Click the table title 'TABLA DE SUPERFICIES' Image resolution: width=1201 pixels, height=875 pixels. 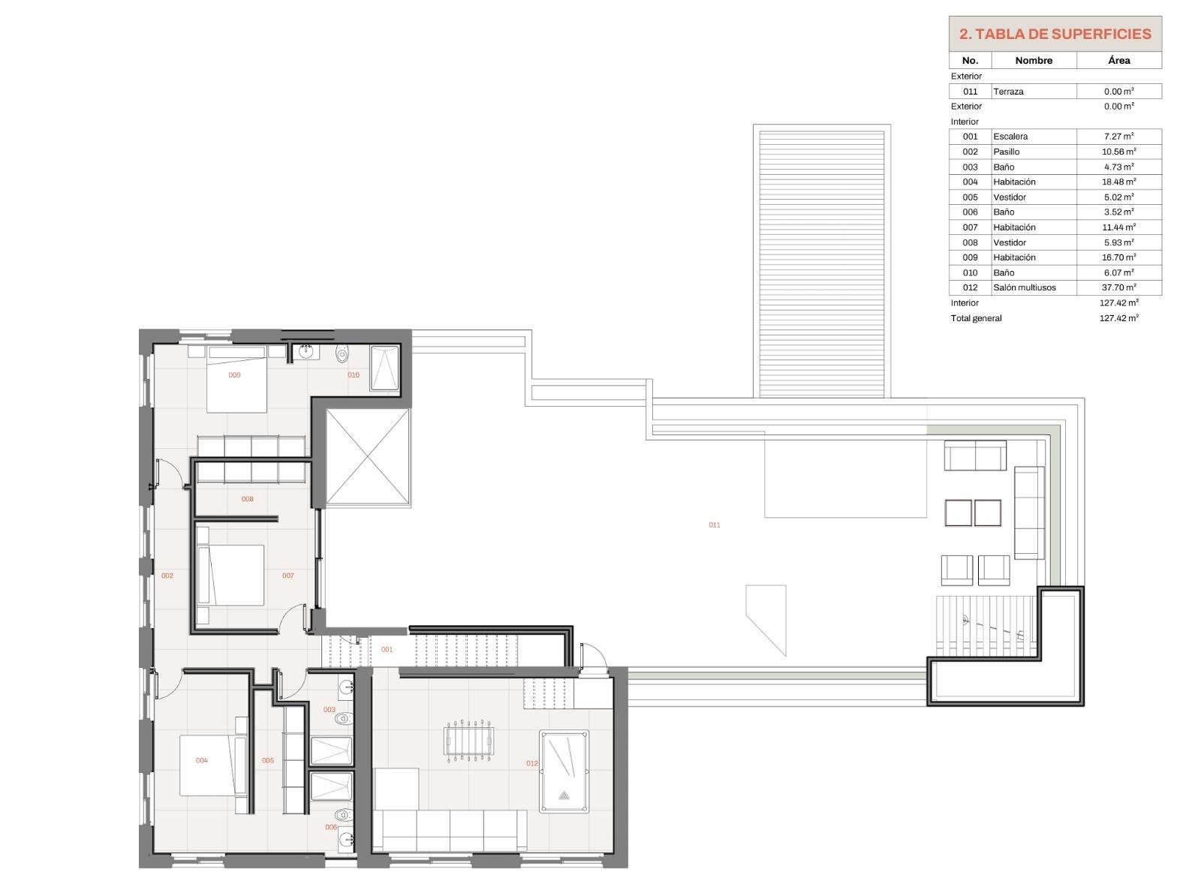(x=1063, y=35)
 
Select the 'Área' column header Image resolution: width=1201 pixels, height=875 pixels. (x=1118, y=60)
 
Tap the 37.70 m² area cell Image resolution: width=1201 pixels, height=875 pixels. (x=1118, y=287)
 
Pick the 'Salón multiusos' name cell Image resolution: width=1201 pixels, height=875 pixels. (x=1024, y=287)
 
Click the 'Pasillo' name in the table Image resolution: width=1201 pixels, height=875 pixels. (x=1006, y=152)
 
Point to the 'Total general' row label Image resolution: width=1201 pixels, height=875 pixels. (x=976, y=318)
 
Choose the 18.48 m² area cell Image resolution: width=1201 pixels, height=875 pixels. (x=1118, y=182)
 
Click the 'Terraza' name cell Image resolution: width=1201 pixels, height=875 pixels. (x=1008, y=92)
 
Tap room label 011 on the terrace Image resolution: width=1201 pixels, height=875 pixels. (x=714, y=525)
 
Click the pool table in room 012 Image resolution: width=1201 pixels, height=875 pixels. (x=564, y=771)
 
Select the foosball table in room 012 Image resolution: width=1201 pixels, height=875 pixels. (x=468, y=741)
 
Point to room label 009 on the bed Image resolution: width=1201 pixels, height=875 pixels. (x=234, y=374)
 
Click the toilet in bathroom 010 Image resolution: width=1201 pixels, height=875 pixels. (x=342, y=353)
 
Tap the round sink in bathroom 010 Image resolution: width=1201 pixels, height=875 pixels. (x=306, y=352)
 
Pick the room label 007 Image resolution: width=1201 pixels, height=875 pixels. (x=288, y=576)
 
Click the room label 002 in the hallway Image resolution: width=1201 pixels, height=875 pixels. (x=167, y=576)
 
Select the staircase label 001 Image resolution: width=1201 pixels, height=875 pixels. (x=387, y=649)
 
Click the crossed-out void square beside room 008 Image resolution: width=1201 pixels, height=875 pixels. (x=368, y=457)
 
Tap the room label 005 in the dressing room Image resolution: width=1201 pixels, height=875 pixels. (x=267, y=760)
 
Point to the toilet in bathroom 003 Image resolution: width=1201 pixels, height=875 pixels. (x=344, y=718)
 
